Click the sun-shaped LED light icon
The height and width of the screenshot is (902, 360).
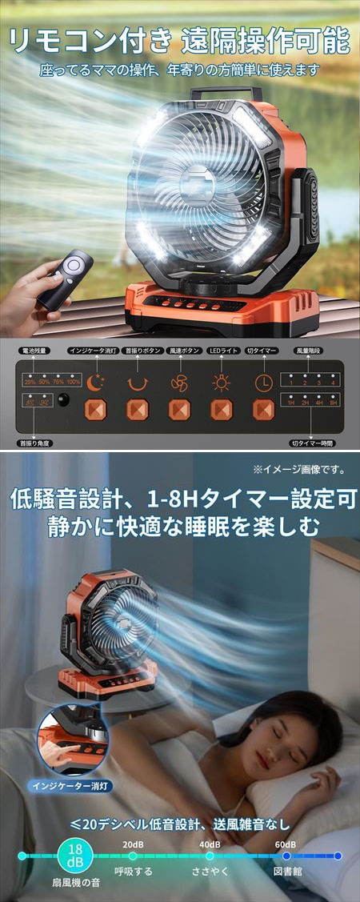(220, 383)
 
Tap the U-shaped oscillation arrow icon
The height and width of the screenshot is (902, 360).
(137, 383)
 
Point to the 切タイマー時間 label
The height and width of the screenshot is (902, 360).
(312, 442)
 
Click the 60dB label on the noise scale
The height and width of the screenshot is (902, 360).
(285, 844)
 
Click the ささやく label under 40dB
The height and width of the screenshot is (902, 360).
(209, 871)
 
